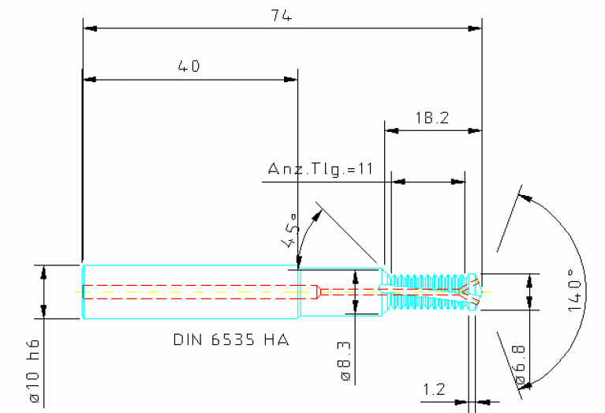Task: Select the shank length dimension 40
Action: click(189, 66)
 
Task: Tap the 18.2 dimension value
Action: click(431, 118)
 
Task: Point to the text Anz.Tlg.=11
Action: click(319, 169)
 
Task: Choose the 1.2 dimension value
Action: click(435, 389)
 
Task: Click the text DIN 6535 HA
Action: click(230, 340)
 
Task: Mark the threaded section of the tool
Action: click(426, 291)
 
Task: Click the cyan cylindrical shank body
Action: click(189, 291)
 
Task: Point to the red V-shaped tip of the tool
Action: click(469, 290)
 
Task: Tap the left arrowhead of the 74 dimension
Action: click(90, 28)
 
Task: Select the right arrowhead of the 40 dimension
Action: click(291, 79)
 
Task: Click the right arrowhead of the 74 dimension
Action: click(475, 28)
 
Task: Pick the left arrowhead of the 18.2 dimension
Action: click(390, 130)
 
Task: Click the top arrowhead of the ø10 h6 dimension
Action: click(44, 271)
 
